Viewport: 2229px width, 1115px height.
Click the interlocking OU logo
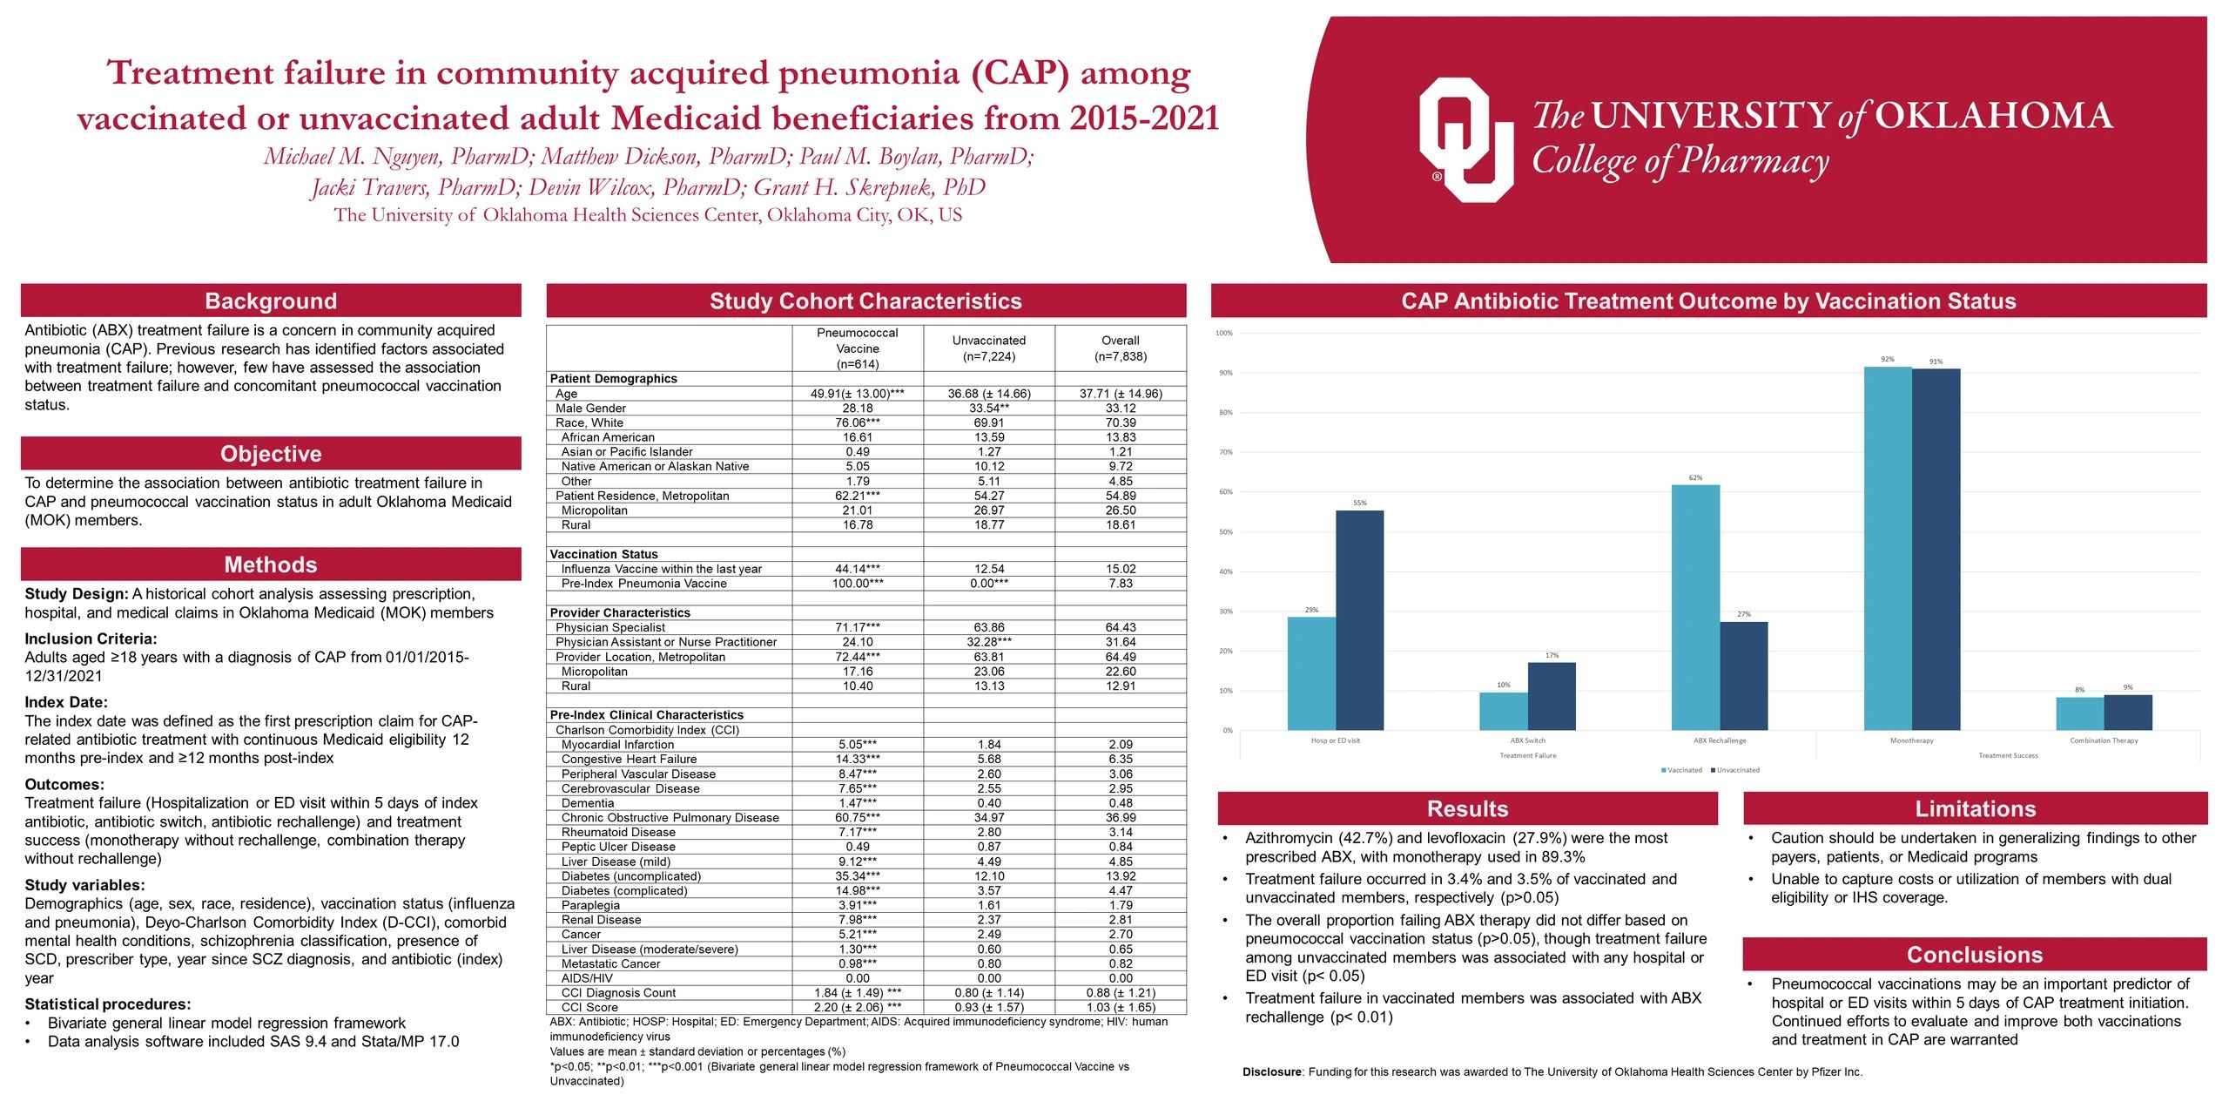[1465, 139]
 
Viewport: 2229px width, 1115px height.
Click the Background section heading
[271, 301]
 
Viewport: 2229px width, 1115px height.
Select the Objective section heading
[271, 454]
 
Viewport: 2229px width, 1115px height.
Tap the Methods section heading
[271, 564]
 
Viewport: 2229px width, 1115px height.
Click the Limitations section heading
[1975, 808]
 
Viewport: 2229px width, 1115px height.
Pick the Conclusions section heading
[1974, 955]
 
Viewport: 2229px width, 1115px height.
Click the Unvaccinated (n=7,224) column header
[988, 348]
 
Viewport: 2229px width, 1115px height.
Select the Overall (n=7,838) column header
[1120, 348]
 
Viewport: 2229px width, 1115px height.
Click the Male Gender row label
[590, 408]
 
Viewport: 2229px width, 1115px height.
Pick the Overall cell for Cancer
[1120, 934]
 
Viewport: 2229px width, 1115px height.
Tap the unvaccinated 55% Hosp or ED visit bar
[1359, 620]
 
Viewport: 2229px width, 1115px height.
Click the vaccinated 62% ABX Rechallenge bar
[1694, 607]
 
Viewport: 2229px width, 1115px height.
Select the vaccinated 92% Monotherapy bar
[1887, 548]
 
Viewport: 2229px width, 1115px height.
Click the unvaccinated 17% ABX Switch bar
[1551, 696]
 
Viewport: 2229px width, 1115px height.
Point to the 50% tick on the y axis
[1225, 531]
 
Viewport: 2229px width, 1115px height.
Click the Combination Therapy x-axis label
[2103, 740]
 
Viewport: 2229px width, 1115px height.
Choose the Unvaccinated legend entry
[1736, 770]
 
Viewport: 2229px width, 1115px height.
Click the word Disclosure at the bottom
[1271, 1071]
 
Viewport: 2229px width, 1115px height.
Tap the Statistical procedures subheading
[107, 1003]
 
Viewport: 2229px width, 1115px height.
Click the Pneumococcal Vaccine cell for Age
[857, 394]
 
